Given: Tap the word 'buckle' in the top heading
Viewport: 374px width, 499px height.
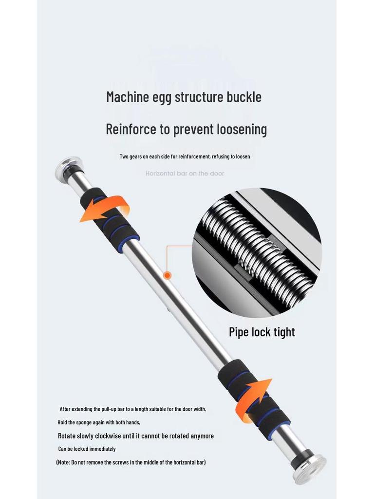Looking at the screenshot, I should click(244, 96).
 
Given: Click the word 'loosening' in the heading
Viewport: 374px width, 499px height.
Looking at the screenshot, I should click(241, 130).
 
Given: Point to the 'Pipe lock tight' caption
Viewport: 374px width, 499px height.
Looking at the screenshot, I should click(262, 332).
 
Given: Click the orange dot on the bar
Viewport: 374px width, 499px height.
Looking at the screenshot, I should click(168, 275).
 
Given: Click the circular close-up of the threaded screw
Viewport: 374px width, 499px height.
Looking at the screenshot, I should click(257, 252).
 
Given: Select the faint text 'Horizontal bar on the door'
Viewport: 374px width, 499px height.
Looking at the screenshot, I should click(185, 173).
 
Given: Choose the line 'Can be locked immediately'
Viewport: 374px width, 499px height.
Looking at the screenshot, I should click(87, 449).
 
